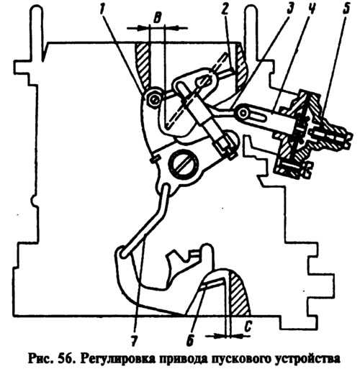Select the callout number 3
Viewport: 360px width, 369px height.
pos(289,9)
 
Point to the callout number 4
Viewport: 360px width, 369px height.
pos(312,9)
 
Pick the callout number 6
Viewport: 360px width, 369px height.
pos(190,340)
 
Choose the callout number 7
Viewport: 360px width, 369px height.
pos(134,340)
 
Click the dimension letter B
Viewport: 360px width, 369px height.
pos(157,18)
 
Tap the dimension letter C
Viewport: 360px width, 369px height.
pos(248,327)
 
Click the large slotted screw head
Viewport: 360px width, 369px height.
pos(184,165)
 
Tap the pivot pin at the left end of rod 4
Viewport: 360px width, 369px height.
pos(243,111)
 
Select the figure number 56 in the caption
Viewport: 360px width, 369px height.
pos(66,358)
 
